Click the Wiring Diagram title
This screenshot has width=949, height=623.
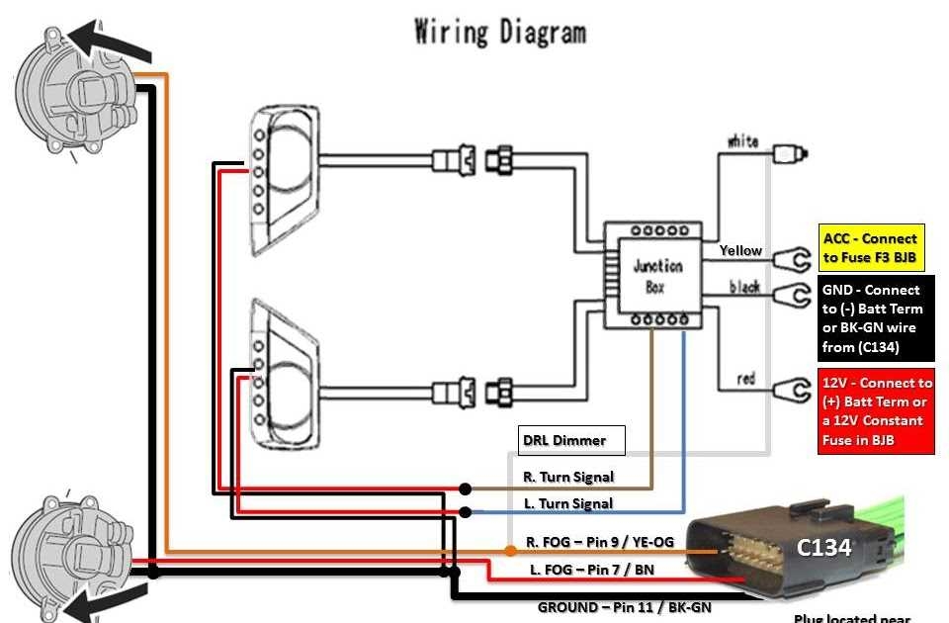[500, 32]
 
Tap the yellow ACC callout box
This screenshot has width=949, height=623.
[871, 248]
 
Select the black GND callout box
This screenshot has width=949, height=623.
[877, 318]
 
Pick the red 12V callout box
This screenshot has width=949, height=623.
[876, 410]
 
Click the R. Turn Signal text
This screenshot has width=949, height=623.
[567, 477]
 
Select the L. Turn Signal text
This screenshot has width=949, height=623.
[567, 503]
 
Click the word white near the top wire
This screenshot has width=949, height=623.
[742, 141]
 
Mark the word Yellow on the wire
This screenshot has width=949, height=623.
[740, 250]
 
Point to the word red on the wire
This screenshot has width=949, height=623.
[746, 379]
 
